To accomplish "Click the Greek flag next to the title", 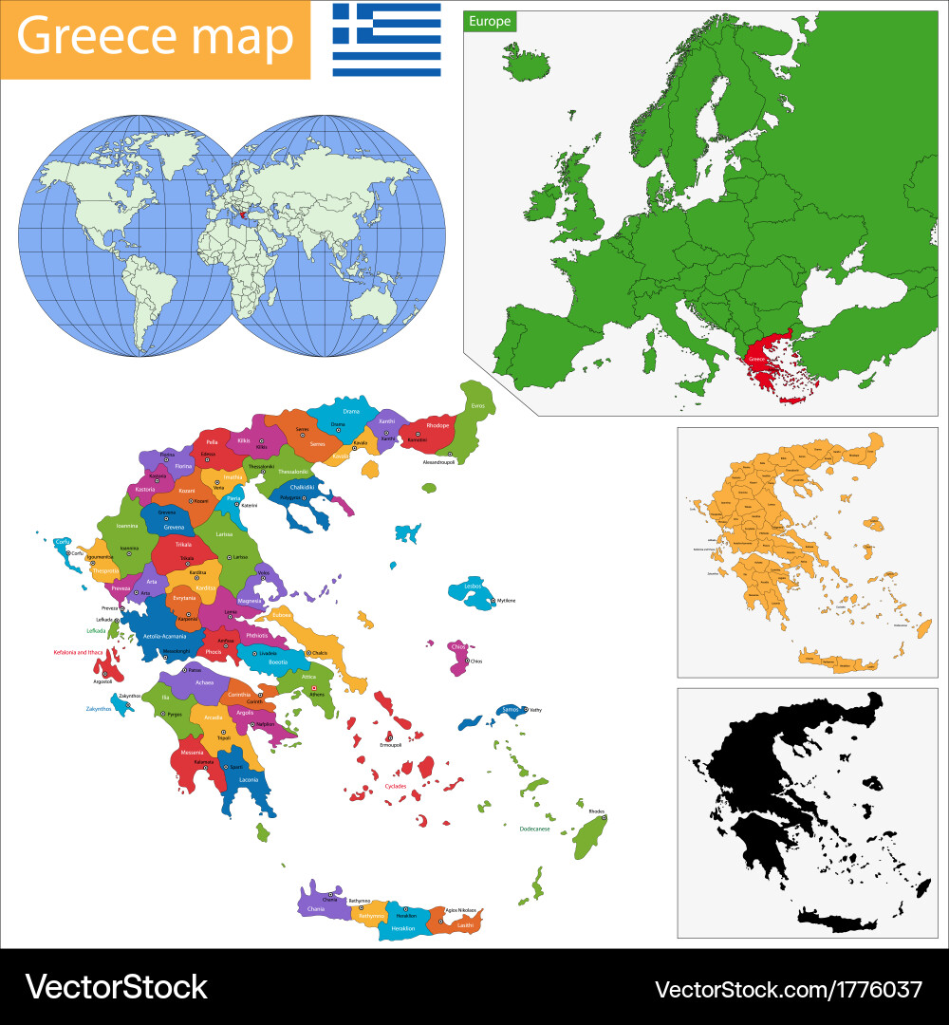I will coord(386,40).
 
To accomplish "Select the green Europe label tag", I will coord(490,21).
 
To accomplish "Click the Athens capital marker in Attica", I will coord(314,687).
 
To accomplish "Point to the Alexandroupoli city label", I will coord(438,462).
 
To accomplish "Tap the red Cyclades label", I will coord(396,787).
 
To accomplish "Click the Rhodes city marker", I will coord(603,817).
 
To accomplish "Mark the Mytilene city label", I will coord(506,601).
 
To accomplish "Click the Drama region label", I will coord(351,411).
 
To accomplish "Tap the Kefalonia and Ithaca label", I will coord(78,652).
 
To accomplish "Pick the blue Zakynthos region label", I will coord(98,708).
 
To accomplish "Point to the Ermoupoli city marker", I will coord(389,737).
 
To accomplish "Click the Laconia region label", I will coord(248,779).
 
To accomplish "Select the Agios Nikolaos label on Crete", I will coord(457,910).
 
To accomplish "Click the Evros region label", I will coord(477,405).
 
